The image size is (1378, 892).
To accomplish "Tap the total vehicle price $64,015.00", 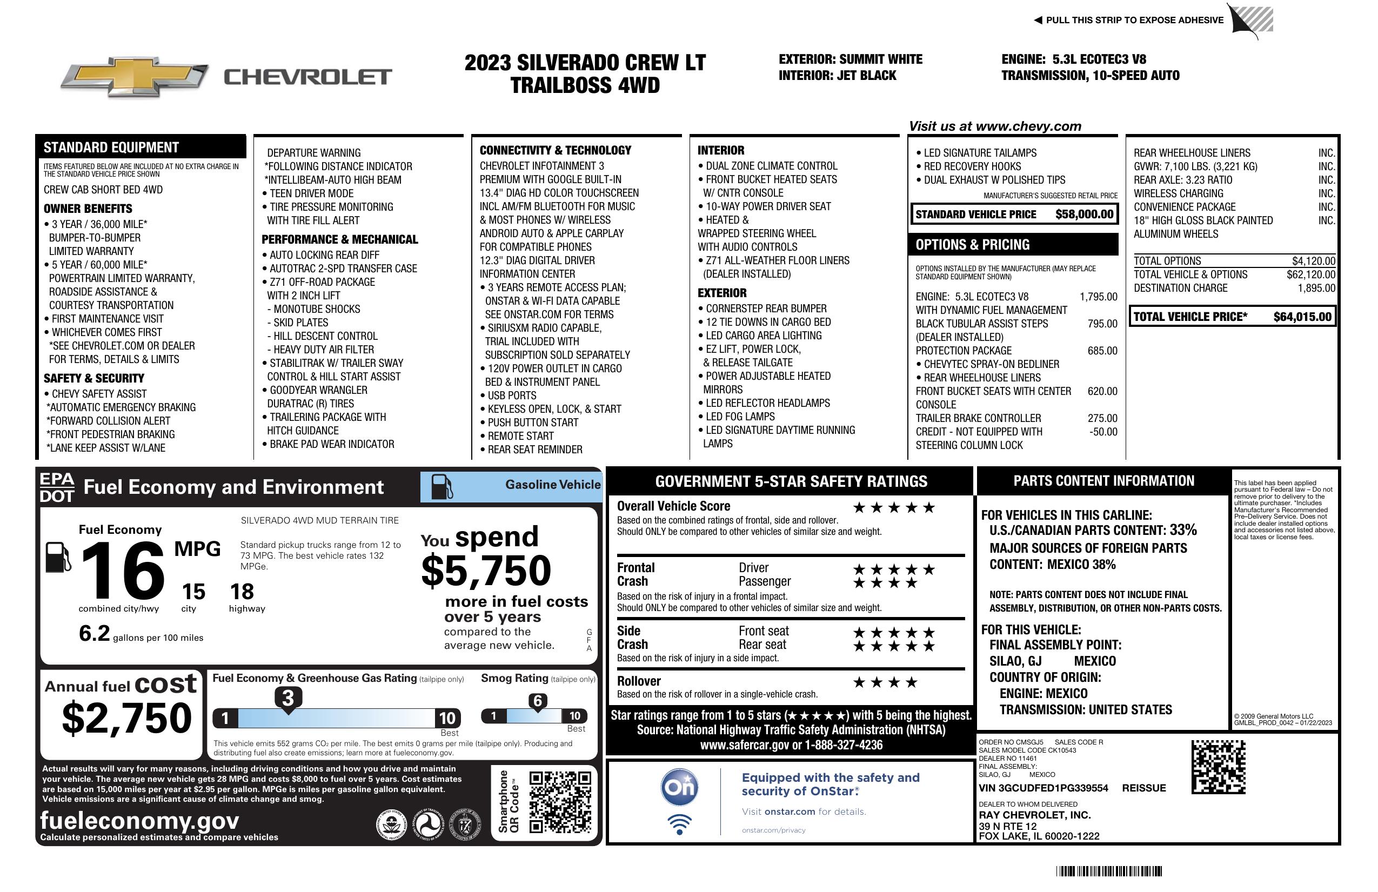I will [1302, 317].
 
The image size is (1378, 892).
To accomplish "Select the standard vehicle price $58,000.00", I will [1084, 214].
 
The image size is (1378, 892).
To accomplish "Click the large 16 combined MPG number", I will [122, 571].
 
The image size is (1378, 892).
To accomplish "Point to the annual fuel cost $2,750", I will [127, 718].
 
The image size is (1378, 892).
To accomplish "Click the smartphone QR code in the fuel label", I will [560, 802].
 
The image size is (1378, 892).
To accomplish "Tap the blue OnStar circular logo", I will [680, 787].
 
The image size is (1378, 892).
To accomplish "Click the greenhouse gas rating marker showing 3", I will [287, 698].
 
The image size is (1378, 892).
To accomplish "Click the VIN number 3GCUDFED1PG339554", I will [1043, 788].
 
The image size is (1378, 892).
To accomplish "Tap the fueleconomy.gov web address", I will [139, 820].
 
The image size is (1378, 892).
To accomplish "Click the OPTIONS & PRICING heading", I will [972, 245].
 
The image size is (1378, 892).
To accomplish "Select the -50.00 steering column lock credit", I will [1103, 432].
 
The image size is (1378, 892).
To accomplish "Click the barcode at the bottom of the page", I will [1108, 871].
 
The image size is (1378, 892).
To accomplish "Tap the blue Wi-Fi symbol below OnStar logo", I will [679, 824].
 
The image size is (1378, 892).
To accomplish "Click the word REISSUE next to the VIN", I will [1143, 788].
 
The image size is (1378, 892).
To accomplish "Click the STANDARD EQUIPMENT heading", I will [111, 147].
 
